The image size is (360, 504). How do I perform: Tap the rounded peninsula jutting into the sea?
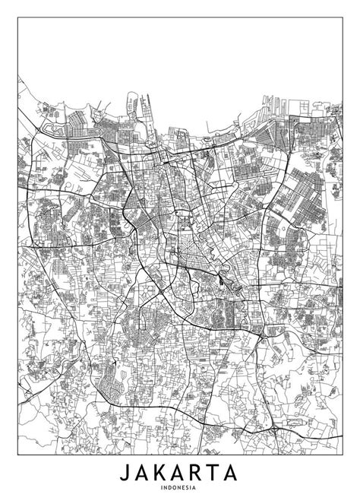click(x=141, y=102)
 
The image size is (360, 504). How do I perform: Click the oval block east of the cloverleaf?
click(x=292, y=419)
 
